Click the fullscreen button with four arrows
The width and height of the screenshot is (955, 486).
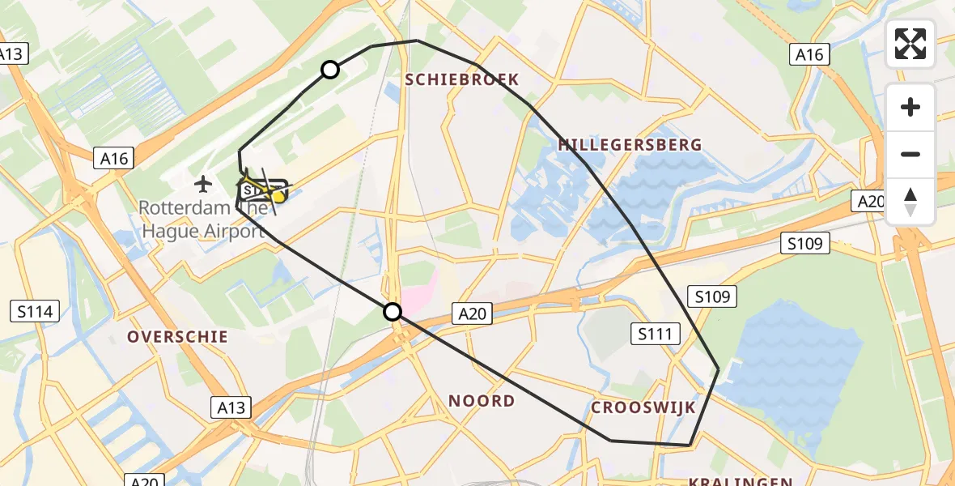910,44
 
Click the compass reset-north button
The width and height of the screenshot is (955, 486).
910,202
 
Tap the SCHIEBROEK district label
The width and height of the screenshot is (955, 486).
461,79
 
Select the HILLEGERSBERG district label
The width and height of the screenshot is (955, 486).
630,145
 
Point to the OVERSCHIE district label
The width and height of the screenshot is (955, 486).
177,337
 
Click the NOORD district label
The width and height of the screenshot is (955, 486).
482,401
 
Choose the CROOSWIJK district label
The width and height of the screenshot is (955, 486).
643,407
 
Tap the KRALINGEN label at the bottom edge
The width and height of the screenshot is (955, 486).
741,480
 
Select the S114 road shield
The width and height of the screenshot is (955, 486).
35,310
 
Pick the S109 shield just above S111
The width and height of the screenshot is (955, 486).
712,297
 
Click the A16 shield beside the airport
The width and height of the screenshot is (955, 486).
115,159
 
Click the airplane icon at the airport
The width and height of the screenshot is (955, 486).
202,184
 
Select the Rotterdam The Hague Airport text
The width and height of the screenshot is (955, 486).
202,219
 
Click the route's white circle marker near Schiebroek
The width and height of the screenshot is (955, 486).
330,70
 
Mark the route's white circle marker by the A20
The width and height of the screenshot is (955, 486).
393,311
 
